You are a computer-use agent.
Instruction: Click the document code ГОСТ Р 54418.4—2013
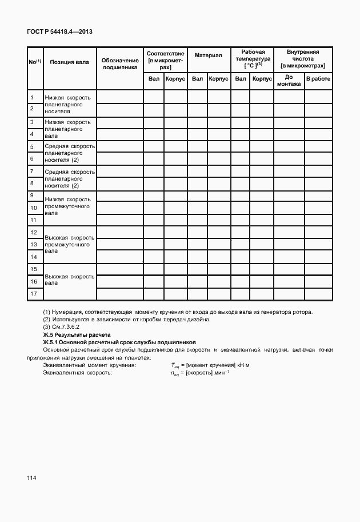click(x=59, y=31)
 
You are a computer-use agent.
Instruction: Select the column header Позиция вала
click(x=69, y=62)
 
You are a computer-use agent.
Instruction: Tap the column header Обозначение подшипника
click(x=120, y=63)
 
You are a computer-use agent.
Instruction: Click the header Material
click(x=208, y=55)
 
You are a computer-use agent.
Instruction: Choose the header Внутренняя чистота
click(x=303, y=59)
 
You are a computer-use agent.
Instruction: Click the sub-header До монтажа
click(x=289, y=81)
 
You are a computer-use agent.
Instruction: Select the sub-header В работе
click(x=318, y=78)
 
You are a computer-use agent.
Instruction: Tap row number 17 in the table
click(x=34, y=294)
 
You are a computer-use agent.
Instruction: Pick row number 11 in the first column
click(x=34, y=220)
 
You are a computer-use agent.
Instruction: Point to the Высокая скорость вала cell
click(x=69, y=280)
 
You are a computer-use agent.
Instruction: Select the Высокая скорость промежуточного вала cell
click(x=69, y=244)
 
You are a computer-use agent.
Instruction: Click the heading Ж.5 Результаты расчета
click(x=77, y=334)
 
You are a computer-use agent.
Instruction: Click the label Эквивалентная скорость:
click(x=77, y=372)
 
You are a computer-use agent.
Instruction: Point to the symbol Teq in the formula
click(x=175, y=365)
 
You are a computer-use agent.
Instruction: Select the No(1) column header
click(x=34, y=62)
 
